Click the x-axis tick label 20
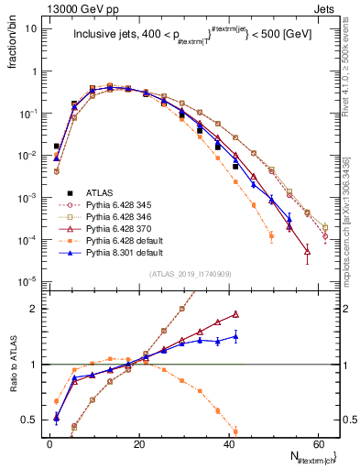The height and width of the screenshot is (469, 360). click(x=138, y=443)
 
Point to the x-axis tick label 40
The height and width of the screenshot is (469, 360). click(x=228, y=443)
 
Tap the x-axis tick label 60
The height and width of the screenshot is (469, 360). click(x=317, y=443)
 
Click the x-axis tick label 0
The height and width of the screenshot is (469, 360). click(x=49, y=443)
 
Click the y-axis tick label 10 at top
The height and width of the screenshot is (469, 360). click(x=31, y=28)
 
